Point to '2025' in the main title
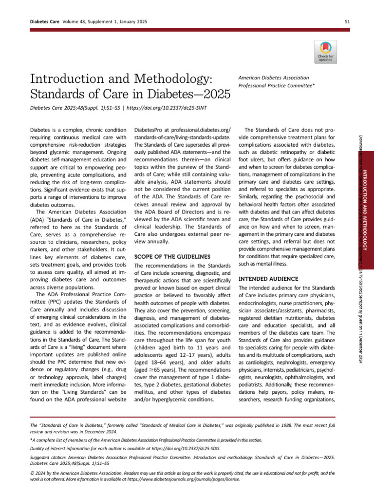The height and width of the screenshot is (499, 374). (213, 94)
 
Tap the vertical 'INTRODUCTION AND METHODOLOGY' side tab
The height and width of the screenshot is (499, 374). (365, 210)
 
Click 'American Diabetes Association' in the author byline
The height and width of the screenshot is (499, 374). (273, 77)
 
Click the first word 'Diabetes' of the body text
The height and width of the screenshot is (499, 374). (41, 130)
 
